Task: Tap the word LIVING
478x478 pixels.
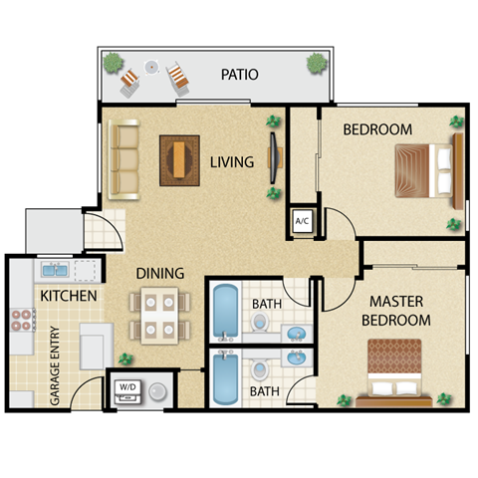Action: coord(231,161)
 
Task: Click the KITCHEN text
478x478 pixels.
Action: coord(69,297)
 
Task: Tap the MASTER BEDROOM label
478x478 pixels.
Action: coord(400,310)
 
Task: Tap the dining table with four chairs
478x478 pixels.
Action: coord(159,314)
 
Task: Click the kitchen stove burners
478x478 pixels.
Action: coord(23,321)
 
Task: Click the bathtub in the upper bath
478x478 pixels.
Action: coord(224,313)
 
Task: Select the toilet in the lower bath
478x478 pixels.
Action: coord(261,372)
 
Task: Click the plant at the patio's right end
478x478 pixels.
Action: coord(317,63)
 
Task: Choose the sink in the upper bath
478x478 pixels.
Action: coord(295,331)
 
